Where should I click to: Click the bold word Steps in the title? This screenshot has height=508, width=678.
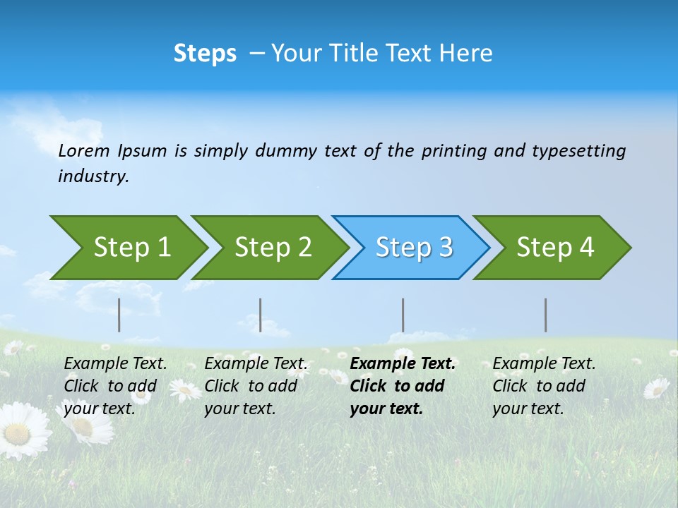(x=205, y=54)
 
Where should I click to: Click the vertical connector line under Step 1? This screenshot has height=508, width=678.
(x=119, y=315)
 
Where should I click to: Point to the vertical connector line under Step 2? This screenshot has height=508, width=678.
(x=261, y=315)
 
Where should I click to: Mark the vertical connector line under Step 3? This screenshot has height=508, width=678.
(x=403, y=315)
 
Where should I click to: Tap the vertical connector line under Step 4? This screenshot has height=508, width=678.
(x=545, y=315)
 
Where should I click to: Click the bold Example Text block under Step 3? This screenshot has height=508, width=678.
(x=402, y=386)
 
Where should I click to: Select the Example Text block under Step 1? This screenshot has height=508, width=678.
(x=115, y=386)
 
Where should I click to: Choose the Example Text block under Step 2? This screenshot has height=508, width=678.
(x=256, y=386)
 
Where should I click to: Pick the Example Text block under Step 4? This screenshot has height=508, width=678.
(x=543, y=386)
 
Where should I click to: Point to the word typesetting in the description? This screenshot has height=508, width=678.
(x=578, y=151)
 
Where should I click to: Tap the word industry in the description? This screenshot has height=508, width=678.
(x=93, y=176)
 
